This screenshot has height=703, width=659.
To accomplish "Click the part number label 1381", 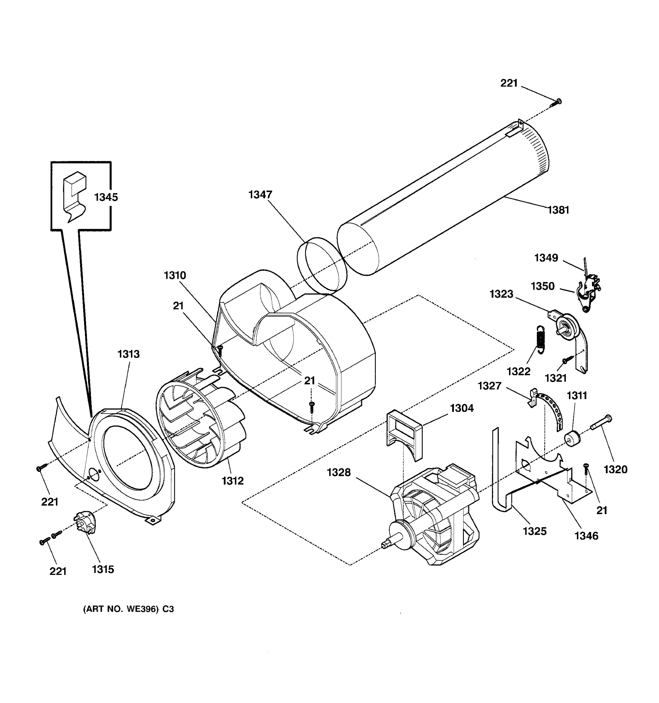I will click(x=558, y=210).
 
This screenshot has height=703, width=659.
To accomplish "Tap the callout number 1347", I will click(x=260, y=194).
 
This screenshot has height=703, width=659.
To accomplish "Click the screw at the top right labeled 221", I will click(x=556, y=103).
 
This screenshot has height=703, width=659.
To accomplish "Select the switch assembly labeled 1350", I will click(x=589, y=289).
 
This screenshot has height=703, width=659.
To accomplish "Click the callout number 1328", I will click(x=339, y=472).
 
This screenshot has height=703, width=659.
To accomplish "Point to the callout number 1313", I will click(x=128, y=354).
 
